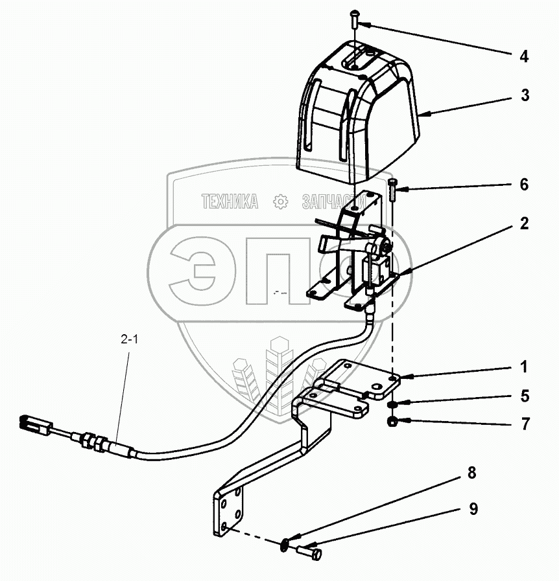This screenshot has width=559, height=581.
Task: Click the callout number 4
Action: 523,56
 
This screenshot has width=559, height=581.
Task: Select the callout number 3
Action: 524,95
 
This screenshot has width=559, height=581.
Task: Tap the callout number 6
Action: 523,185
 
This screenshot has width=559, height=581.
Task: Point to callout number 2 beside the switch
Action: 523,224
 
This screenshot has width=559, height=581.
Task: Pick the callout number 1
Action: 523,367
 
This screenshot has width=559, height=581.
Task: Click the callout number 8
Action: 471,473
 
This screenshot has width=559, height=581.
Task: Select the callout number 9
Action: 473,509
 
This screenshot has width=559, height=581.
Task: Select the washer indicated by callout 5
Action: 394,405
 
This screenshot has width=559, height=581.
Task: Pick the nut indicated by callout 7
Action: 394,422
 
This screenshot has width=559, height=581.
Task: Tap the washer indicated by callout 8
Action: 287,544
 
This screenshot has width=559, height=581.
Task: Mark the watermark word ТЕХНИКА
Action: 230,202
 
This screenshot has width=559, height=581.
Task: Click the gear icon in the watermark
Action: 281,202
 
